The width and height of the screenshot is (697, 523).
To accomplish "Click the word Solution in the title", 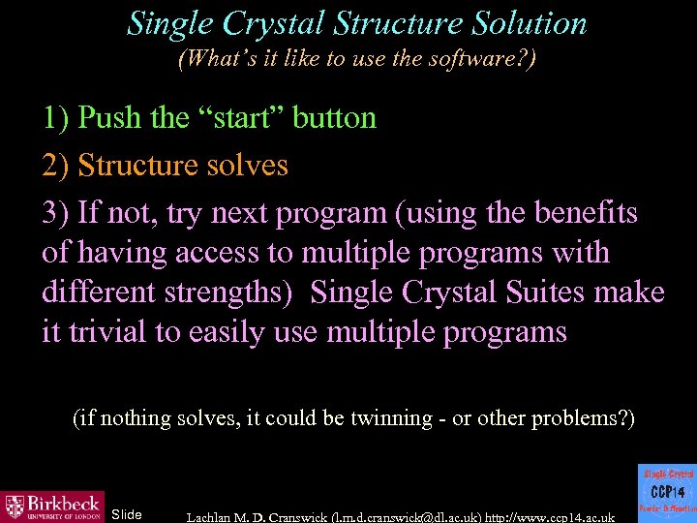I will pos(524,23).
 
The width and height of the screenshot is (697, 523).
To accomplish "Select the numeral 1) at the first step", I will pos(55,118).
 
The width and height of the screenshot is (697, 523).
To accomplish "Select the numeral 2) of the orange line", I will pos(55,166).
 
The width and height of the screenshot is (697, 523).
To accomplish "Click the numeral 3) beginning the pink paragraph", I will pos(55,213).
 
